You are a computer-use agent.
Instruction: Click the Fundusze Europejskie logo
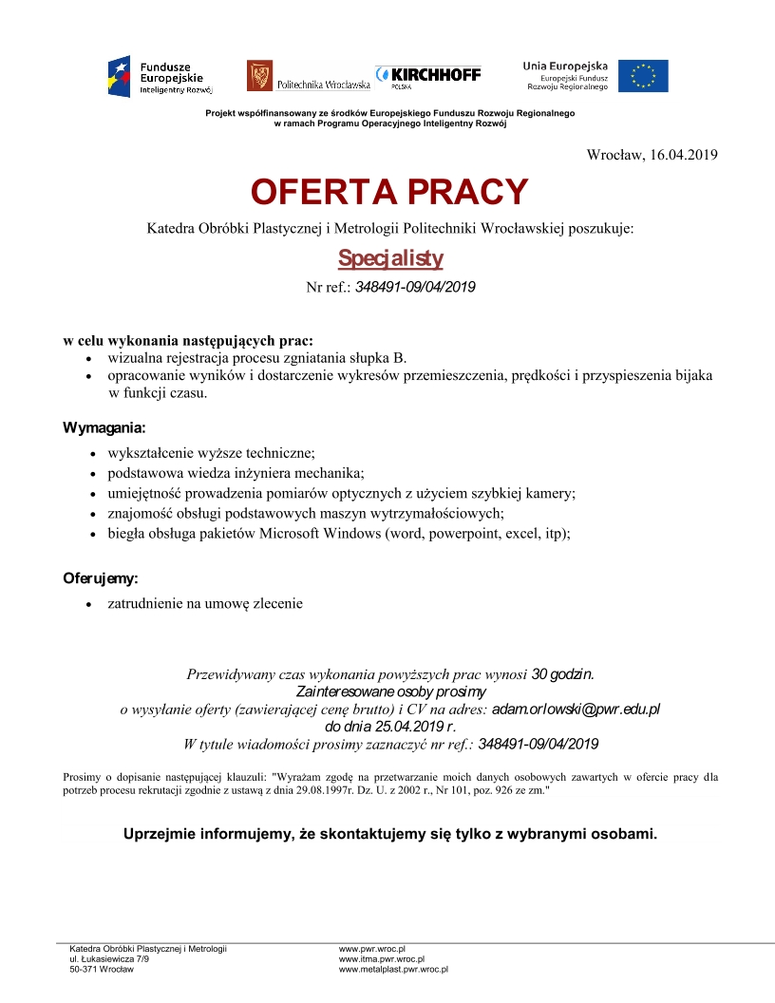(x=160, y=77)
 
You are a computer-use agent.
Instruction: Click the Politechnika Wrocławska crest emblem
(x=259, y=76)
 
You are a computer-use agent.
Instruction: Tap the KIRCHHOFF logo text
(x=436, y=74)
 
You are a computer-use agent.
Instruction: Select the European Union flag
(x=643, y=76)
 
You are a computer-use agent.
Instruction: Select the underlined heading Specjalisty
(x=390, y=258)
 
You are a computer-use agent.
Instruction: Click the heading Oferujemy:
(x=101, y=577)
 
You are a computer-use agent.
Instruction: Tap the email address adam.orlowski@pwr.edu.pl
(x=576, y=709)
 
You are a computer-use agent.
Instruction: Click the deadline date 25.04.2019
(x=387, y=726)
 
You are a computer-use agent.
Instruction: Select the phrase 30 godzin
(x=563, y=674)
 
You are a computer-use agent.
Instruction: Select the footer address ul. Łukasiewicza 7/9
(x=109, y=959)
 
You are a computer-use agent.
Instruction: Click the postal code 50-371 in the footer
(x=85, y=970)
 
